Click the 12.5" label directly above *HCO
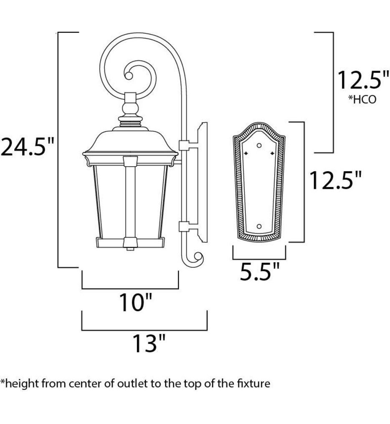point(360,80)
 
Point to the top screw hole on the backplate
point(259,145)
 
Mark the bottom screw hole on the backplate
point(259,226)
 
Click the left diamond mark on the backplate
point(247,153)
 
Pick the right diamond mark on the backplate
point(272,153)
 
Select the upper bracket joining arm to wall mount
point(184,145)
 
